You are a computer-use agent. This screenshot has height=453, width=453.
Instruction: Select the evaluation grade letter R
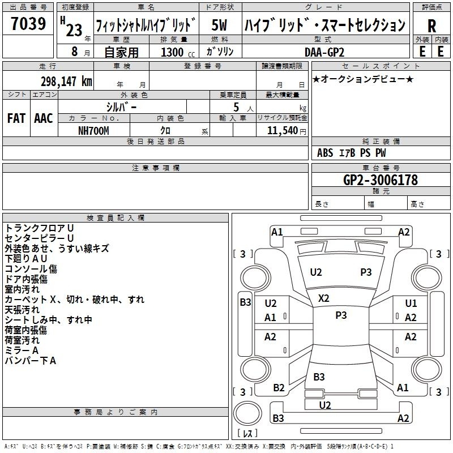(x=431, y=25)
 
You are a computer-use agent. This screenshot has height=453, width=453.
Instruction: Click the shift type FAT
(x=16, y=118)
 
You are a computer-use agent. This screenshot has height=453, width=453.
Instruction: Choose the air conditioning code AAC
(x=44, y=118)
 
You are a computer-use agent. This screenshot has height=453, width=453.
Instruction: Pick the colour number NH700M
(x=93, y=130)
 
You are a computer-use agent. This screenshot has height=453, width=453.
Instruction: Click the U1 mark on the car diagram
(x=411, y=304)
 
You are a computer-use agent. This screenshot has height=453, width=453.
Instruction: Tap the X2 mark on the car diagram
(x=324, y=298)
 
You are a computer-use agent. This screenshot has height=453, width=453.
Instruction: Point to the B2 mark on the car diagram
(x=279, y=388)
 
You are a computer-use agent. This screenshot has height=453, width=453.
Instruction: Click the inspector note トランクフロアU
(x=39, y=228)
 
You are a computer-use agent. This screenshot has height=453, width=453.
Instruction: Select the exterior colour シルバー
(x=121, y=106)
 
